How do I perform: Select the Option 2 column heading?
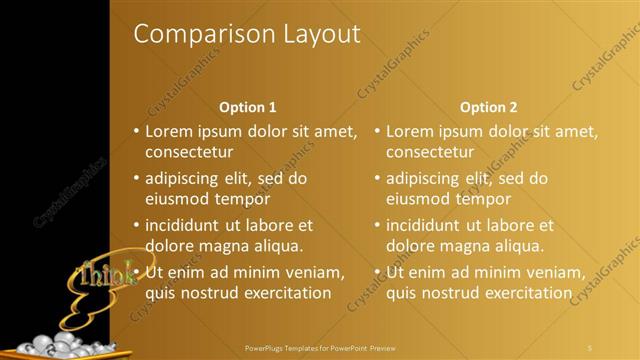(x=489, y=107)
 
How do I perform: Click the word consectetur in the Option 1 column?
(x=189, y=153)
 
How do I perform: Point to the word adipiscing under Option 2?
(x=426, y=179)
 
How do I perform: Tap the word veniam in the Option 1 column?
(x=315, y=271)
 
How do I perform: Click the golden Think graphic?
(x=105, y=272)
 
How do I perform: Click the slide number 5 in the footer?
(x=590, y=348)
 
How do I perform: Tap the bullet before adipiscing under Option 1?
(x=137, y=179)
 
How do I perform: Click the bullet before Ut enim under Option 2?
(x=378, y=271)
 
